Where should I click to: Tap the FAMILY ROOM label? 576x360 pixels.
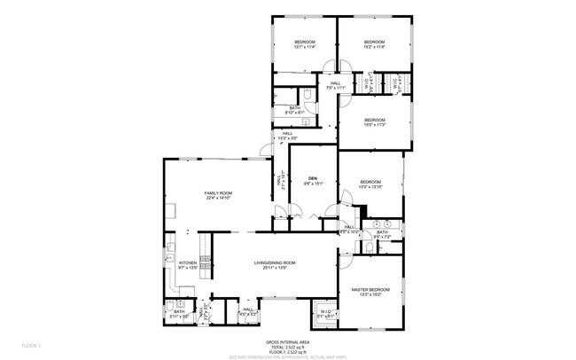pyautogui.click(x=218, y=195)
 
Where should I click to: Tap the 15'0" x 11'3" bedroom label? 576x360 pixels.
pyautogui.click(x=374, y=121)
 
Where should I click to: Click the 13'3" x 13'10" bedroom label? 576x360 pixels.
pyautogui.click(x=370, y=184)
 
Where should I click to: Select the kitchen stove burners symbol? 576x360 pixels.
pyautogui.click(x=205, y=263)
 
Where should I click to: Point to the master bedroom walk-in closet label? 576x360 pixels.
pyautogui.click(x=325, y=313)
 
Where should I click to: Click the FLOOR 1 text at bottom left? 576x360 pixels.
pyautogui.click(x=32, y=344)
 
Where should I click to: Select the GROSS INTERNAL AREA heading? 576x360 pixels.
pyautogui.click(x=287, y=340)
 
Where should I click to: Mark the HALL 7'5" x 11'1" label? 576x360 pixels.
pyautogui.click(x=336, y=86)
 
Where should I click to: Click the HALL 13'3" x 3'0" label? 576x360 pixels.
pyautogui.click(x=287, y=137)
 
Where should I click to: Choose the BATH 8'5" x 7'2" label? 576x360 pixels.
pyautogui.click(x=382, y=234)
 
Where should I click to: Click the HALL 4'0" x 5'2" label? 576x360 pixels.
pyautogui.click(x=248, y=311)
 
